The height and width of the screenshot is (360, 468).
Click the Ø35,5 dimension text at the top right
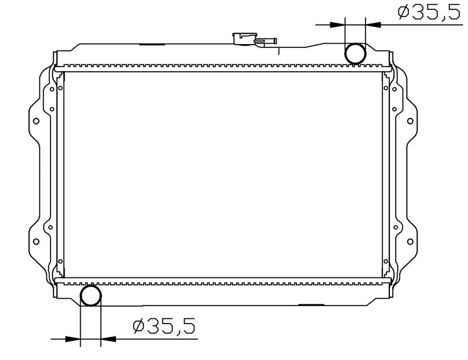[x=429, y=12]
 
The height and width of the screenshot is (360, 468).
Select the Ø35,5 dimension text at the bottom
[x=164, y=326]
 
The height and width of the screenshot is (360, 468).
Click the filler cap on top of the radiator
[x=243, y=39]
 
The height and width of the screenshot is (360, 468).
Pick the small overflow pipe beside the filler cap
[x=266, y=41]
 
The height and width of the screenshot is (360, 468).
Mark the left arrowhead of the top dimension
[x=337, y=24]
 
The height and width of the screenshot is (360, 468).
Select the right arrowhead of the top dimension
[x=373, y=24]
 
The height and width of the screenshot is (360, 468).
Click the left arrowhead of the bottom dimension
[x=73, y=339]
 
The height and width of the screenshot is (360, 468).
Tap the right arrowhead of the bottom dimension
[x=108, y=339]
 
